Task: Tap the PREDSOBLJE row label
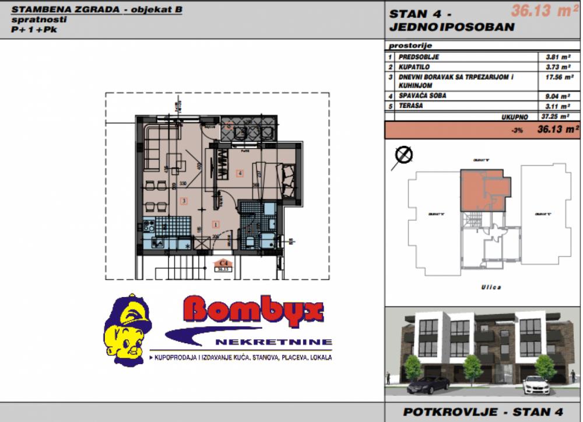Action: tap(419, 57)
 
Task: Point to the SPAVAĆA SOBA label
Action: tap(423, 96)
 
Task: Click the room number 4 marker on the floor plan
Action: tap(240, 173)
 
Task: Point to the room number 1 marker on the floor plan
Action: tap(216, 224)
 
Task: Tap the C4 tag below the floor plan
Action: tap(222, 264)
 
